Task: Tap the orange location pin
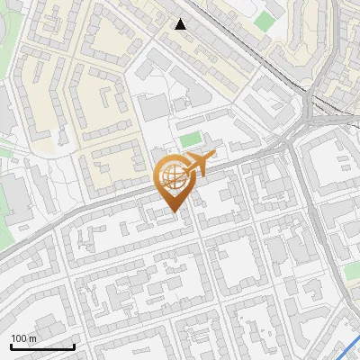176,180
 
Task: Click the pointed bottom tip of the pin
176,213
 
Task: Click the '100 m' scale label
24,338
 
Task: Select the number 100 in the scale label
20,338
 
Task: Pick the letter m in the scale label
33,338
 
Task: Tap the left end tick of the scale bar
11,345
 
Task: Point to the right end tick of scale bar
74,345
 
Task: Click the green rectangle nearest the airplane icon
189,139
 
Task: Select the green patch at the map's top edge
264,20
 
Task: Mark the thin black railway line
234,45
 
